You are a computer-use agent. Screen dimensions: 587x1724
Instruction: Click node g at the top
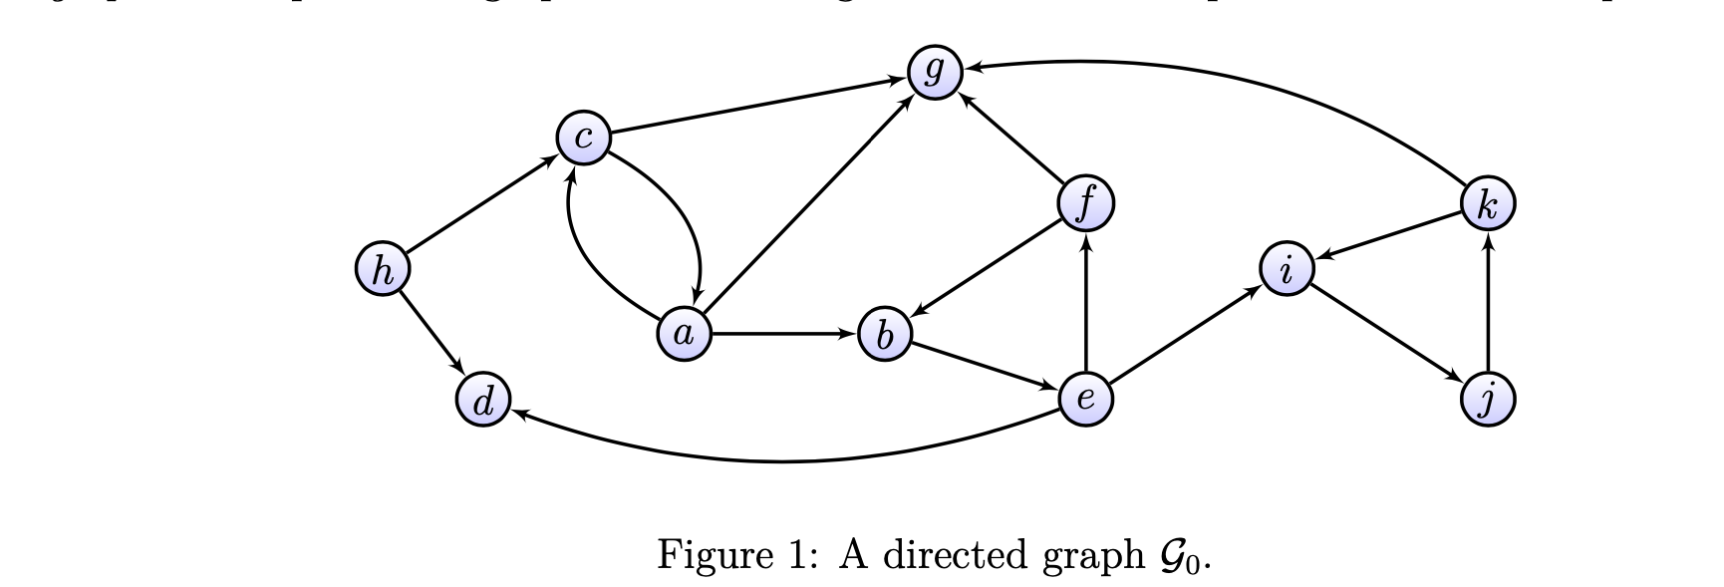(934, 72)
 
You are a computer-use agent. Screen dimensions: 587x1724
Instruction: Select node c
(584, 139)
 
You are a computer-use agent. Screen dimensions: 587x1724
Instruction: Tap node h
(382, 270)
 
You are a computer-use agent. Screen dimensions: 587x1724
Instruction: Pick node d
(483, 402)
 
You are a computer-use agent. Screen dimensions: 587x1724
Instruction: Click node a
(685, 334)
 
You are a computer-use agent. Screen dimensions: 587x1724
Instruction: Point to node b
(885, 335)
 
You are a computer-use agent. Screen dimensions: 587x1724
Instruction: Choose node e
(1085, 399)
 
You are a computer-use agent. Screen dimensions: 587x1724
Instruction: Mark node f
(1085, 203)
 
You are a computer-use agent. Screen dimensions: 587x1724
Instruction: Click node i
(1287, 269)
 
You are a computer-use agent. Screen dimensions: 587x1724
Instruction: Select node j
(1488, 400)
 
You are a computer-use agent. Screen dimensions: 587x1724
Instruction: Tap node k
(1488, 204)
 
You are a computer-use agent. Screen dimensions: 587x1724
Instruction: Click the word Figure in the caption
(710, 552)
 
